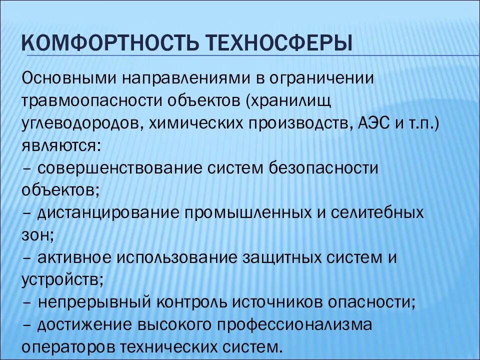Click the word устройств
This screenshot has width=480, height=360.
60,279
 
